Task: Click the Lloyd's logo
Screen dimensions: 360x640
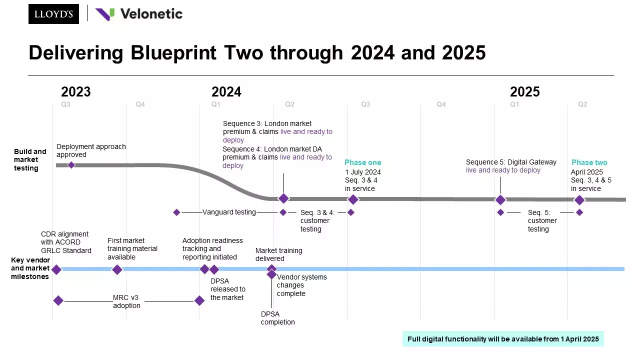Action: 53,14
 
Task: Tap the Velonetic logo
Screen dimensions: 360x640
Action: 139,14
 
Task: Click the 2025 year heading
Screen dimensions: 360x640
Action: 524,92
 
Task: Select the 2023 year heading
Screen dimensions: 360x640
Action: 76,92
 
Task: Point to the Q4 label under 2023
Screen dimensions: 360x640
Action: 140,104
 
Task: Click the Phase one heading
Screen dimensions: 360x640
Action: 362,162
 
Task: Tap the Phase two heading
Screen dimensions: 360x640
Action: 589,162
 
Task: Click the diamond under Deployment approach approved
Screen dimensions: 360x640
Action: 71,165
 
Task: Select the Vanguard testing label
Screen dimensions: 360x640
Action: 229,212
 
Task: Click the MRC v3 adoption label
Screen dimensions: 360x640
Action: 126,301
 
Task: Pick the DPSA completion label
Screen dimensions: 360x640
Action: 278,318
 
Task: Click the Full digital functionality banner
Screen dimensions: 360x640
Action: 503,339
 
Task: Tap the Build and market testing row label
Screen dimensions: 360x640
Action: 30,159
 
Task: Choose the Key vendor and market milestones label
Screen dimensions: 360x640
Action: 30,268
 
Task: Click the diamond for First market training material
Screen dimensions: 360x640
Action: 117,269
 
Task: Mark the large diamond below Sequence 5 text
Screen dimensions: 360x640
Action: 500,199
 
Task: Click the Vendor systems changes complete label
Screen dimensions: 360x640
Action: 301,285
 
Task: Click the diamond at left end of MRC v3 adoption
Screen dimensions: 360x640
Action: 58,300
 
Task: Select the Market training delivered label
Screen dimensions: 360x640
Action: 278,254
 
